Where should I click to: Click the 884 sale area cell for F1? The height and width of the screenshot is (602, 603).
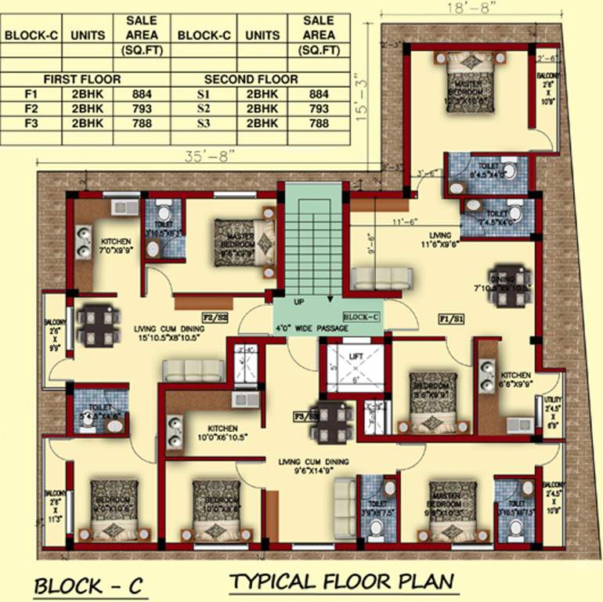click(x=141, y=95)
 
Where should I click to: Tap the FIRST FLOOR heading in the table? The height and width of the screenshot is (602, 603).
click(x=82, y=79)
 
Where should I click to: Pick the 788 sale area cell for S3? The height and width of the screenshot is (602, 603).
click(x=319, y=123)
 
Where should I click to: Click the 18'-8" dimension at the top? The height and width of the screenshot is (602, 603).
click(x=471, y=7)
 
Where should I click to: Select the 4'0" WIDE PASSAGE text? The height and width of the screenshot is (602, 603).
click(x=311, y=328)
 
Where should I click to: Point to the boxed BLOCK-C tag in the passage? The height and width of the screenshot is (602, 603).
click(x=361, y=317)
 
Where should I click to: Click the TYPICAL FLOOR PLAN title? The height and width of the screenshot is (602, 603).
click(x=342, y=582)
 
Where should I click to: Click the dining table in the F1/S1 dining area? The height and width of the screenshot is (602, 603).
click(x=505, y=280)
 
